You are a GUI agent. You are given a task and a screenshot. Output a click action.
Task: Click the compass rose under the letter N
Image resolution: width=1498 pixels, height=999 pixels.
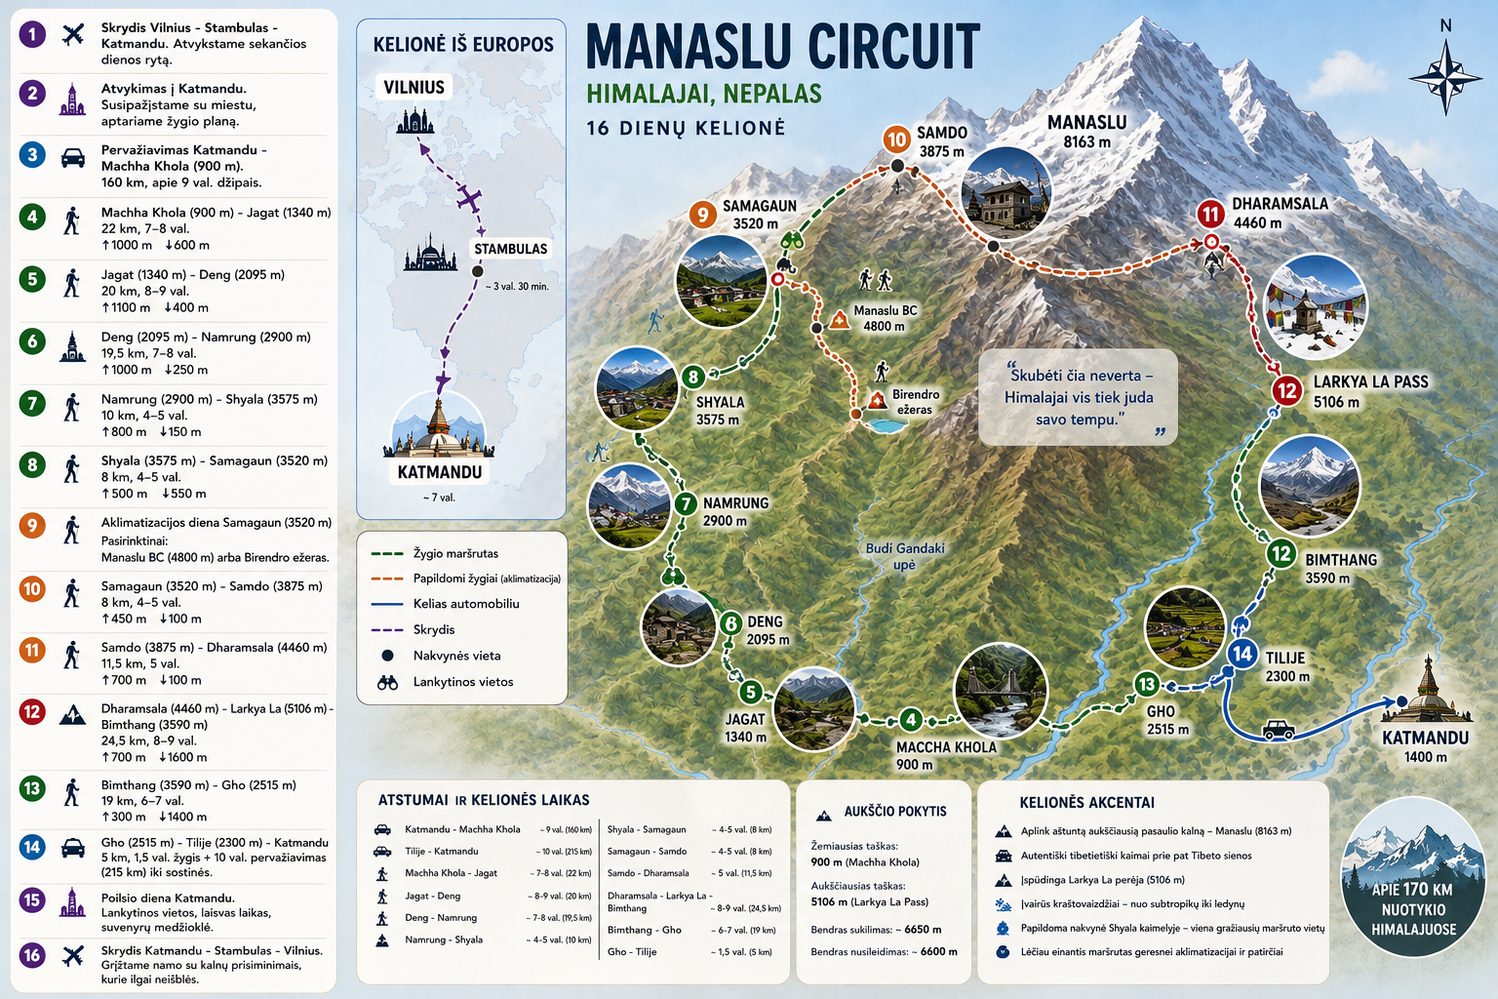[x=1445, y=78]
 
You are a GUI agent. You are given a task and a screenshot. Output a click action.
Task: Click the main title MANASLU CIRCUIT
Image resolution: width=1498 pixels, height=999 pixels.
[x=783, y=47]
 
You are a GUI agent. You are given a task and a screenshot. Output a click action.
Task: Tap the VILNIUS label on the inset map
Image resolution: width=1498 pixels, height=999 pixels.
[x=414, y=87]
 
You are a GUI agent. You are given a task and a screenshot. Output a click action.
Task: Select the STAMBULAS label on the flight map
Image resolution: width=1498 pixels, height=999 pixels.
[x=511, y=249]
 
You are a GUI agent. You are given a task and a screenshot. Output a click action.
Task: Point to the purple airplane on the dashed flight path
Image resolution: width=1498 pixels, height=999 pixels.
[x=469, y=199]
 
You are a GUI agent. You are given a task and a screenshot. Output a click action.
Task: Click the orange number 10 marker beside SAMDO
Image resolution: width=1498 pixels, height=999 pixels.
[x=896, y=140]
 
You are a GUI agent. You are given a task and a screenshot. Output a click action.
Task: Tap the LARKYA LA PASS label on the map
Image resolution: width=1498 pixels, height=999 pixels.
[x=1371, y=382]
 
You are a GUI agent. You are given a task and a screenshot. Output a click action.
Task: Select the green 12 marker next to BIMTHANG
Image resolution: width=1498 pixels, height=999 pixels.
[x=1281, y=554]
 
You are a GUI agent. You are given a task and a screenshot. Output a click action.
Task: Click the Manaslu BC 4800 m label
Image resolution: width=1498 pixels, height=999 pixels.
[x=885, y=318]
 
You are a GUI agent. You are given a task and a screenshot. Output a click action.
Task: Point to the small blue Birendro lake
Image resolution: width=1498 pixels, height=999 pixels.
[x=885, y=425]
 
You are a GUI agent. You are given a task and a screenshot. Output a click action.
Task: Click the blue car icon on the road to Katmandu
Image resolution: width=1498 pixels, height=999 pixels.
[x=1278, y=730]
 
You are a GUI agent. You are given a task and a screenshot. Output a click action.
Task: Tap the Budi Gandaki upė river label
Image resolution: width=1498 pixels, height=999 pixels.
[x=905, y=556]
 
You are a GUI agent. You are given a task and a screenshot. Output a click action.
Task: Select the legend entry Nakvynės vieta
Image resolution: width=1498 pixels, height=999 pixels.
[x=456, y=656]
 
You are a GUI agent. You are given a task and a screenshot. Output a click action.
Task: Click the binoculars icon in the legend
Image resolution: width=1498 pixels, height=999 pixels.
[x=387, y=683]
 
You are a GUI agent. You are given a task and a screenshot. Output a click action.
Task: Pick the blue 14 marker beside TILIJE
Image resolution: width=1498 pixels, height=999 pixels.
[x=1242, y=654]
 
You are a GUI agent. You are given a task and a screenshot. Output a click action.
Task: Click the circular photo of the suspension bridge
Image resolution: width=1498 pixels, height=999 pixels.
[x=1001, y=691]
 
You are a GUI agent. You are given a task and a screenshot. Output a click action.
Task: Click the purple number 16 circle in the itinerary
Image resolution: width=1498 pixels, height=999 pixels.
[x=32, y=955]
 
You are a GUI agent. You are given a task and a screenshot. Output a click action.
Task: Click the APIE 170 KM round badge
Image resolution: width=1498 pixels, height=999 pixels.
[x=1413, y=876]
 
